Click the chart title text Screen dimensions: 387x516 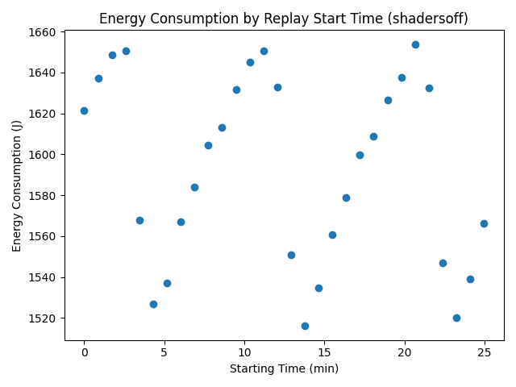[282, 17]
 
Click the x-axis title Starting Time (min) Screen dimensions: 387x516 [284, 368]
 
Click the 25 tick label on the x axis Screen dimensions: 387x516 [485, 353]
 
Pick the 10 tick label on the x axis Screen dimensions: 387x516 [244, 353]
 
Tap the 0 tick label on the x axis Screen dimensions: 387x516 [84, 353]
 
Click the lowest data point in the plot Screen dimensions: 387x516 [305, 326]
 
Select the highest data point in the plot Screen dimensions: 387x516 [415, 44]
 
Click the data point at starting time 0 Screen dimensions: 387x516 [84, 110]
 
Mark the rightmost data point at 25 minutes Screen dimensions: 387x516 [484, 223]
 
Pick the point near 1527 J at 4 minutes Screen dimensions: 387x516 [153, 304]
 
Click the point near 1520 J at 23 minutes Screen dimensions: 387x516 [456, 318]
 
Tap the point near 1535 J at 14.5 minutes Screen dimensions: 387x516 [318, 288]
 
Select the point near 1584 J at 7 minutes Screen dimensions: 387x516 [194, 187]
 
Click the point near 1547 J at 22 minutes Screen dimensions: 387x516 [443, 263]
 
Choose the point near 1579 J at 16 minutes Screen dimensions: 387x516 [346, 198]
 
